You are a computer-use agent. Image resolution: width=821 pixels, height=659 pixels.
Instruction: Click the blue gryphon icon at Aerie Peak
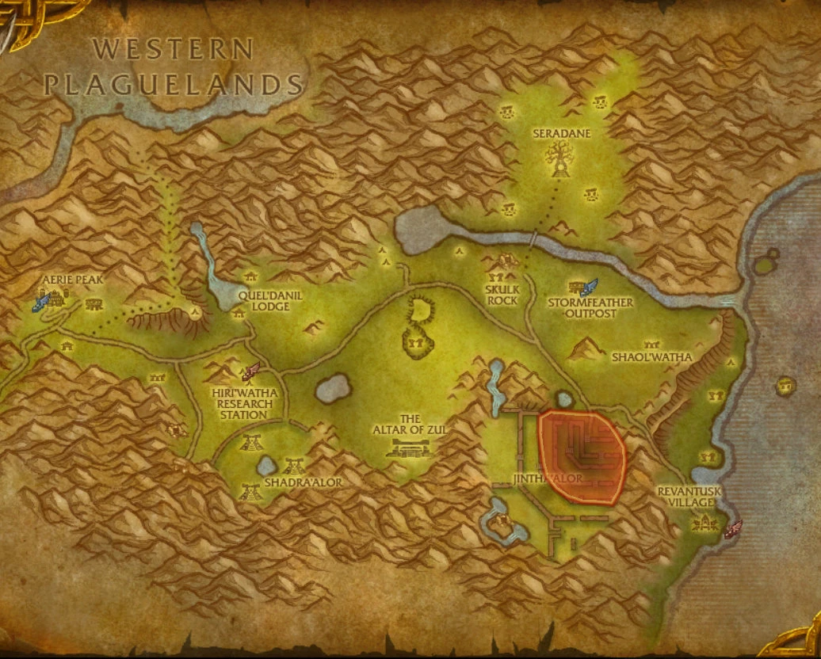(x=42, y=301)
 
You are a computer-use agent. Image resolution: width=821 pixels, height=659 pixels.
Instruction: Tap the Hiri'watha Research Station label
(x=245, y=403)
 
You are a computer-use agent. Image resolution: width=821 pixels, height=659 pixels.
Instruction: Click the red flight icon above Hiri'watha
(x=252, y=370)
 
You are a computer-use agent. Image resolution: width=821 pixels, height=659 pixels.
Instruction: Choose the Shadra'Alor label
(x=303, y=482)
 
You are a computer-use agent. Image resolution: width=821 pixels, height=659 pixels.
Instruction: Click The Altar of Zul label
(x=409, y=425)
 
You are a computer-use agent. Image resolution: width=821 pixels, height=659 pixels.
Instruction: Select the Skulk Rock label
(x=502, y=295)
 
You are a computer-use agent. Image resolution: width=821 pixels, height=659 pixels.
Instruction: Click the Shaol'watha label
(x=651, y=357)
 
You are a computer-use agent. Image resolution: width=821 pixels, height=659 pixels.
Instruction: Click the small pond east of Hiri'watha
(x=333, y=388)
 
